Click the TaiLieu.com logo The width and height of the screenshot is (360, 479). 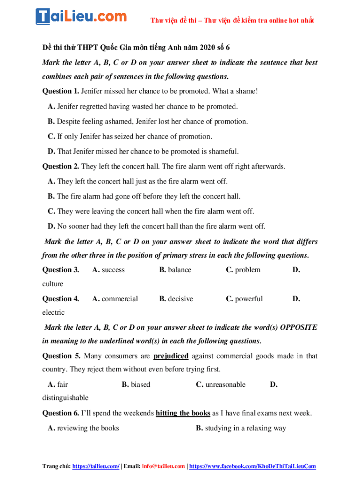pos(81,16)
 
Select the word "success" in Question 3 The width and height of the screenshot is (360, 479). pos(113,270)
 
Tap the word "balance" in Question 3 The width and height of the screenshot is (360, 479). pos(180,270)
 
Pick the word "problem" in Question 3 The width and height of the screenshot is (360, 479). pos(248,270)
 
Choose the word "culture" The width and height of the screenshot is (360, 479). pos(53,284)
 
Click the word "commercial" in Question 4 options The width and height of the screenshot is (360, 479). pos(120,299)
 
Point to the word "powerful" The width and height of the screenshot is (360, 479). pos(249,299)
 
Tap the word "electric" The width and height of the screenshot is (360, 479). pos(53,312)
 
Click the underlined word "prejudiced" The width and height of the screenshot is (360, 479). pos(171,356)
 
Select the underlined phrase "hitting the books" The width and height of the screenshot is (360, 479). pos(183,414)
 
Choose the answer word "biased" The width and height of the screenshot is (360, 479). pos(141,385)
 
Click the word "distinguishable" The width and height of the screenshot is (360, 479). pos(65,398)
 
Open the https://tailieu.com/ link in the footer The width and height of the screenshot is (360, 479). pos(96,466)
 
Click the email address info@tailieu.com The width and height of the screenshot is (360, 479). pos(163,466)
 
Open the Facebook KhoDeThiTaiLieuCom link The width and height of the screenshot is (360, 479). pos(252,466)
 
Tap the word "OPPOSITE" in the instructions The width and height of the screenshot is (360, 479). pos(298,327)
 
